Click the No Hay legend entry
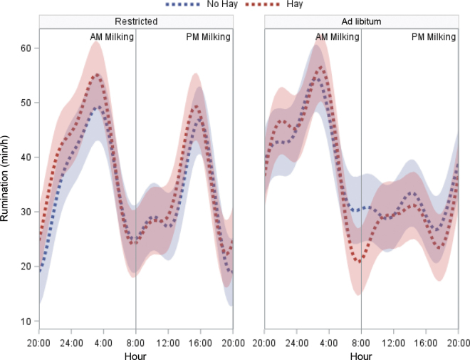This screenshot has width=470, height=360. click(x=207, y=5)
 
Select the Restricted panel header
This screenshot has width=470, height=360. click(x=135, y=21)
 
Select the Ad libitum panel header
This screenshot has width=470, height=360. click(x=361, y=21)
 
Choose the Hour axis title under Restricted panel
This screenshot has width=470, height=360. click(x=135, y=354)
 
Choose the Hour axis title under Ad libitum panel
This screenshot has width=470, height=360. click(x=361, y=354)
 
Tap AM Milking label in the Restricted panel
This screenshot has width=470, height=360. click(x=112, y=37)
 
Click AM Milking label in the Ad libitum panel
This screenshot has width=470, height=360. click(x=338, y=37)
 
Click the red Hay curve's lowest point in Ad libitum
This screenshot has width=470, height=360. click(x=360, y=261)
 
